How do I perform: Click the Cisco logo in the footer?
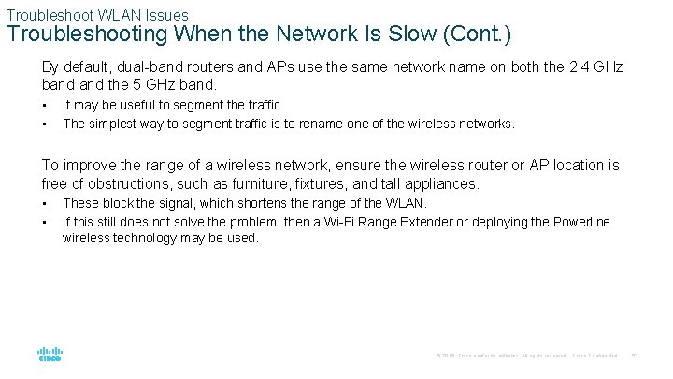click(x=50, y=355)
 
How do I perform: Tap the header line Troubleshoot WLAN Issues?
click(x=97, y=15)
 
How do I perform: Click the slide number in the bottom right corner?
click(x=633, y=356)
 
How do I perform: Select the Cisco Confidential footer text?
click(x=594, y=356)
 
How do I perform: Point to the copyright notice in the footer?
click(x=500, y=356)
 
